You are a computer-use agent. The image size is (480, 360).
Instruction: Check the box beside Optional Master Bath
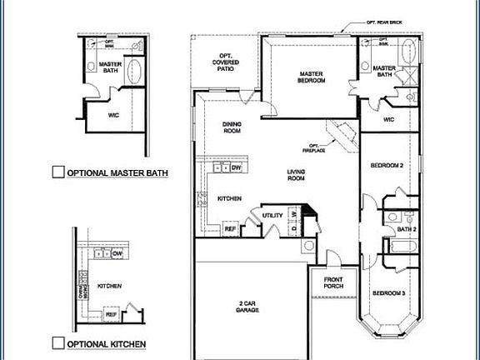[58, 172]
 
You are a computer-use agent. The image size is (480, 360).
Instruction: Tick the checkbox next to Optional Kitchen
[58, 342]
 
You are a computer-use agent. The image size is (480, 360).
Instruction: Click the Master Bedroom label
[311, 77]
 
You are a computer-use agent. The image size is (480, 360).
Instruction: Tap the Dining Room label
[232, 127]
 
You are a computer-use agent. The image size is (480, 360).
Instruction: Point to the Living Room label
[296, 175]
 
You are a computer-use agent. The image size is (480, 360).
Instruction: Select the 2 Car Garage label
[247, 307]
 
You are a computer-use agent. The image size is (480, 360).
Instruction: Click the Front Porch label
[333, 282]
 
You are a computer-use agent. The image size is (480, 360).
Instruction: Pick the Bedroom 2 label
[387, 166]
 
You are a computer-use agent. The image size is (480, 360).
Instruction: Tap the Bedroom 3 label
[388, 293]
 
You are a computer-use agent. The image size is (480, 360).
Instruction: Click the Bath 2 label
[406, 228]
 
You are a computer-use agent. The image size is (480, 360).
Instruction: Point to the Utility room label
[272, 215]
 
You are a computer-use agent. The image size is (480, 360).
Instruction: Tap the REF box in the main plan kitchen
[231, 227]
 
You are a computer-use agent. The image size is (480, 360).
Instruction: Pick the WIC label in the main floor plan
[388, 119]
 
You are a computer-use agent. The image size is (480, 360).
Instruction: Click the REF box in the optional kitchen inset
[110, 314]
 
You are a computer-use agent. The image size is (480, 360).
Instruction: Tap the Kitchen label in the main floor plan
[229, 199]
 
